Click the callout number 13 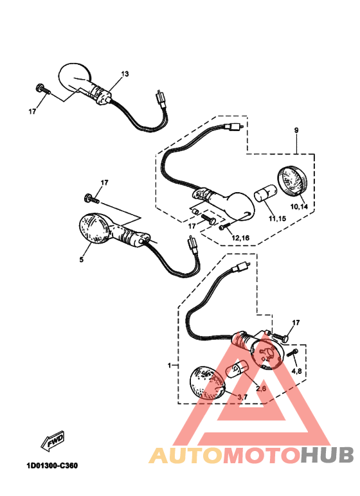125,74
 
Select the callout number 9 296,130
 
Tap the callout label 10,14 299,207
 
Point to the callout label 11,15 277,218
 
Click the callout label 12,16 240,238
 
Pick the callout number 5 82,260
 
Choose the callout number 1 170,366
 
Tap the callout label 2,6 261,389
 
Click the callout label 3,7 242,397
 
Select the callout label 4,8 296,371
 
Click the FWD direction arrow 53,441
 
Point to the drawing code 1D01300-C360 52,466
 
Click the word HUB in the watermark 327,455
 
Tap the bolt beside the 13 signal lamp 43,89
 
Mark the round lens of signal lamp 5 94,228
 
